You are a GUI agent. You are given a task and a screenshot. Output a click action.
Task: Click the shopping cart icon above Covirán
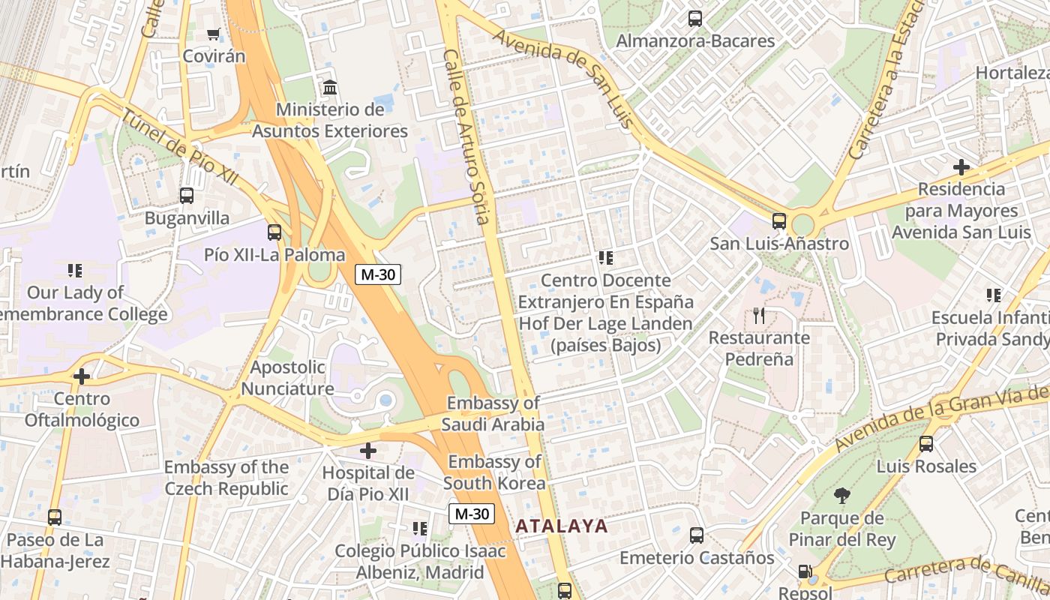214,34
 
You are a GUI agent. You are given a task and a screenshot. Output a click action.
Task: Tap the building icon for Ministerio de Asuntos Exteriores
329,88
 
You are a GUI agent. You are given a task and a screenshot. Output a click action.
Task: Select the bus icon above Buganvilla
187,196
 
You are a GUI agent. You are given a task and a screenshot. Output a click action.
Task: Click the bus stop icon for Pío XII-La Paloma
274,232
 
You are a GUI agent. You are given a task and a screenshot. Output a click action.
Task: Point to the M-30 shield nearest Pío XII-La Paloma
378,274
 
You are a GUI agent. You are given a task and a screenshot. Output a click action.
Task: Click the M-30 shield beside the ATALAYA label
472,514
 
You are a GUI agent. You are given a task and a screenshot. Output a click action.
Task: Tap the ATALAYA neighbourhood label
562,526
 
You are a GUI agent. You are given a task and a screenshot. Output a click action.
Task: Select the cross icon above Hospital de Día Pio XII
367,451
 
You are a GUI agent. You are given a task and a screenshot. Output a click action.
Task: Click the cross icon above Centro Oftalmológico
82,376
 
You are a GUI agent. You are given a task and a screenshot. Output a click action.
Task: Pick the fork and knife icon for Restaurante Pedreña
759,316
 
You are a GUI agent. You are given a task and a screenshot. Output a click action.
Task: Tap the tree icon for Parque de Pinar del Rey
841,496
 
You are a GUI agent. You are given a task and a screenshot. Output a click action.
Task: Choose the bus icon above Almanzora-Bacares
695,19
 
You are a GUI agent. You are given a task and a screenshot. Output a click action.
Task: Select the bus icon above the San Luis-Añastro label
779,221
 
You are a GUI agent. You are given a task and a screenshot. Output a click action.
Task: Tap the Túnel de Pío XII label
179,148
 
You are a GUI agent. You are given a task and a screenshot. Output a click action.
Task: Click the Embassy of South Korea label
494,472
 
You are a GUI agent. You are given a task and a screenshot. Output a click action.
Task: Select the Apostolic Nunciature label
287,378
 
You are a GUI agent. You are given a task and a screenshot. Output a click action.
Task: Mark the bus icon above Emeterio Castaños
697,535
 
